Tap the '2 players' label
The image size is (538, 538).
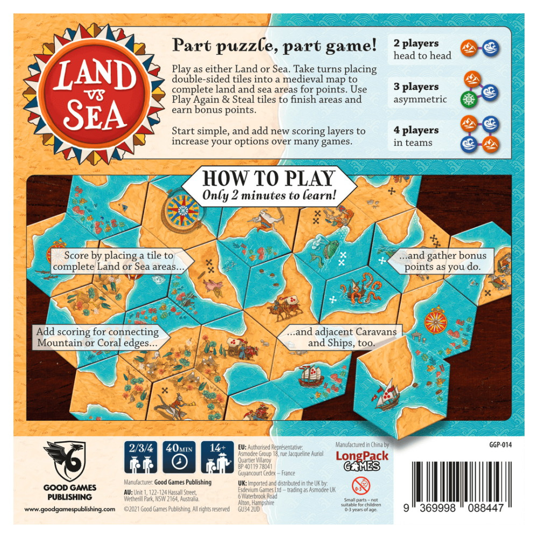416,43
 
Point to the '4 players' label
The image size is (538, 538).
416,130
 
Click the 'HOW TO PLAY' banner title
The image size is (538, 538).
268,178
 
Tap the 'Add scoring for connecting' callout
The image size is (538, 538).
97,337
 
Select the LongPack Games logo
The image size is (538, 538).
361,461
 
